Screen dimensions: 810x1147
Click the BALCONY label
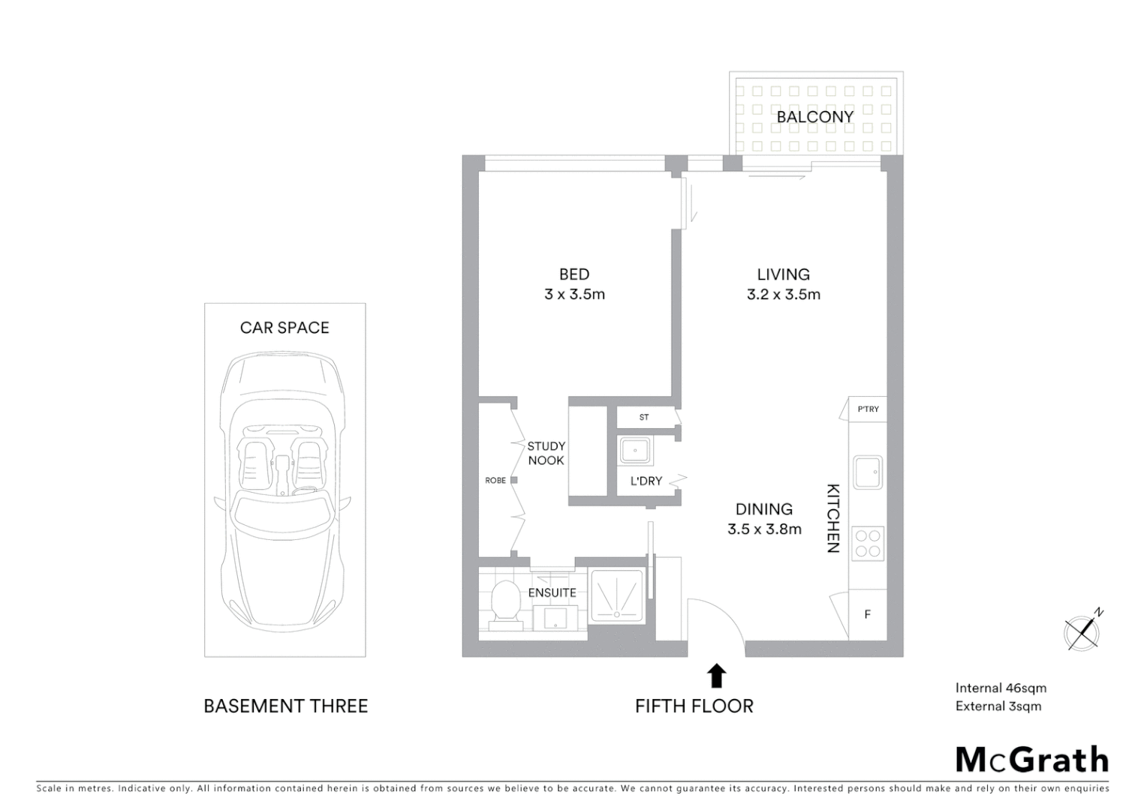(814, 117)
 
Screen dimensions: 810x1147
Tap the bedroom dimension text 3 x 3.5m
(574, 294)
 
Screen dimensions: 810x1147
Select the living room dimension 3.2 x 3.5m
(783, 294)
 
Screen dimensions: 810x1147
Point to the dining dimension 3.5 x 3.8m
(764, 529)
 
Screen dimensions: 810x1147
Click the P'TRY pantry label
(868, 409)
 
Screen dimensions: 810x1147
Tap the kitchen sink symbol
(868, 472)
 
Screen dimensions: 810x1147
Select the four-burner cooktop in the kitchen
(868, 543)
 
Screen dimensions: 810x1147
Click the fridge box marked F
(868, 614)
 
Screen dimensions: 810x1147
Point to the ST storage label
(643, 417)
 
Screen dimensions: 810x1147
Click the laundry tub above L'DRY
(634, 451)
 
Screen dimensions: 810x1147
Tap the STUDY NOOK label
(546, 453)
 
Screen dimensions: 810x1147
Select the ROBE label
(495, 480)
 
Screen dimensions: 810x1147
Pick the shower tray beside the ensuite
(617, 595)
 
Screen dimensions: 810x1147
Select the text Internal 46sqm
(1000, 688)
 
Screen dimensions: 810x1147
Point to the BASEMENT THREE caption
(285, 706)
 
